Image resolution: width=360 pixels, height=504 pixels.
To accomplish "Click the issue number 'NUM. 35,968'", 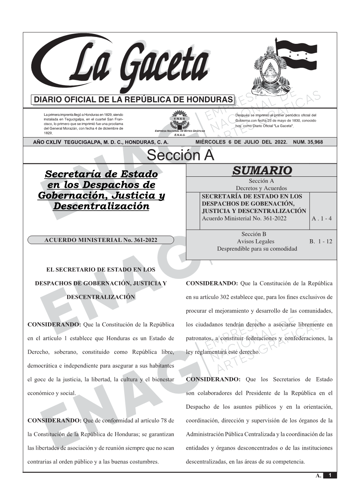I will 308,142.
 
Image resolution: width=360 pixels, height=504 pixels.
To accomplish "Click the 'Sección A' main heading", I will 180,155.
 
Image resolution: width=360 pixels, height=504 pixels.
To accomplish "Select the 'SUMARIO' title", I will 262,170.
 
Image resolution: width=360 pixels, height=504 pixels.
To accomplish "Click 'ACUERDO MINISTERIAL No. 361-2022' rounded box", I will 101,240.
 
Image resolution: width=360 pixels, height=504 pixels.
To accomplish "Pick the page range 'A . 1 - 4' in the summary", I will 322,219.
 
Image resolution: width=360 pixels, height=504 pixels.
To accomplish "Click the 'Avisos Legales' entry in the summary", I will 255,242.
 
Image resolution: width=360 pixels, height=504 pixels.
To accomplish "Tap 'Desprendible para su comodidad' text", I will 257,249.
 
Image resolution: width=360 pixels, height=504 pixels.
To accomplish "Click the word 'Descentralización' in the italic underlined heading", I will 101,206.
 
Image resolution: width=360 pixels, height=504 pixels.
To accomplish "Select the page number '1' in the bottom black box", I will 330,475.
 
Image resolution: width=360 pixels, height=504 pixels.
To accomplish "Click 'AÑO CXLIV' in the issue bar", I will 48,142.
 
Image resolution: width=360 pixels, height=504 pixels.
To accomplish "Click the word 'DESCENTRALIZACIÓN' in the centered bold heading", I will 101,297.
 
